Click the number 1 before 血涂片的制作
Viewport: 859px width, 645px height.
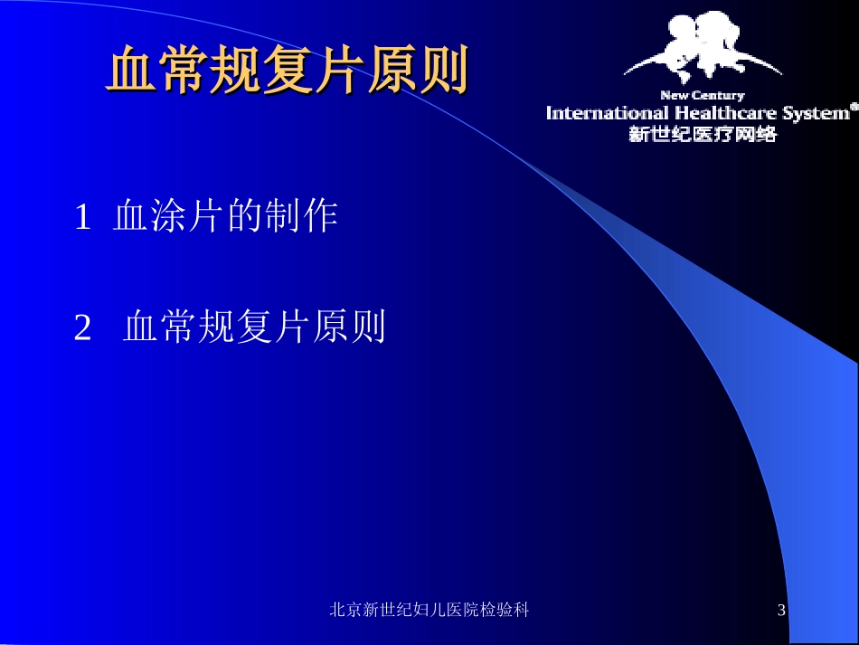click(82, 218)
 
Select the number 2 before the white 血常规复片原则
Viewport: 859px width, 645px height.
click(82, 328)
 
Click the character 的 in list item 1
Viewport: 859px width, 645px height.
click(242, 217)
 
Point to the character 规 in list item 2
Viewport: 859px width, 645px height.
click(215, 327)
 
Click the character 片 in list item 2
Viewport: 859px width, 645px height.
click(291, 327)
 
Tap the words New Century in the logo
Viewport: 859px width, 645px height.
click(702, 95)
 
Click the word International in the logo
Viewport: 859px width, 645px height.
click(605, 113)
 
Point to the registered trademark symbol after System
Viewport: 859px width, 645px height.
click(854, 106)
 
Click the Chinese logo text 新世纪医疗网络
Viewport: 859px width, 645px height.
click(702, 134)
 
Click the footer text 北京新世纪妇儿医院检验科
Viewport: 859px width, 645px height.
click(429, 611)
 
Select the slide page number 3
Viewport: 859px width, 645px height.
click(782, 612)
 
